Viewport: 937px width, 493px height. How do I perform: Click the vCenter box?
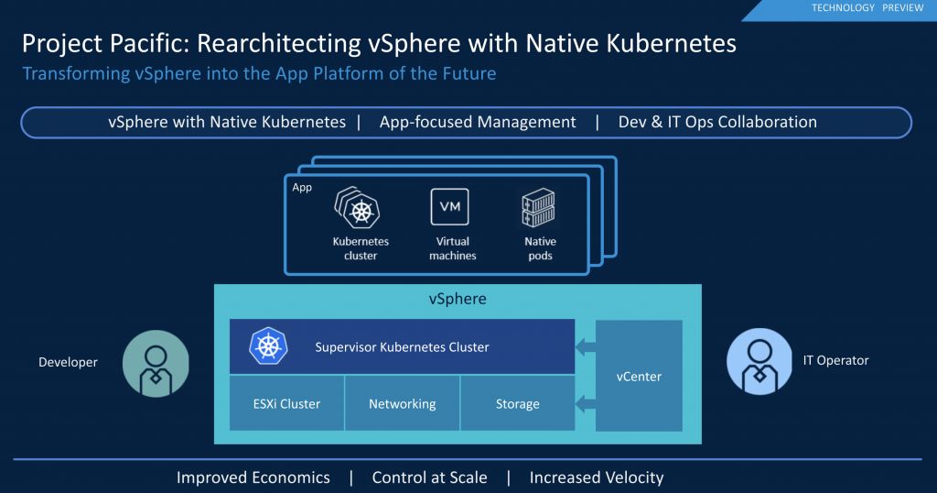click(640, 376)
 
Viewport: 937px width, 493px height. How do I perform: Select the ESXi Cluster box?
click(286, 403)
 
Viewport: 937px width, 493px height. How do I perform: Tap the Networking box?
click(402, 403)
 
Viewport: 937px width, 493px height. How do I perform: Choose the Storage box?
click(517, 403)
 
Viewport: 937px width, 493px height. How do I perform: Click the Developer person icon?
click(155, 363)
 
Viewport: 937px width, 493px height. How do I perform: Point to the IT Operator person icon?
click(759, 361)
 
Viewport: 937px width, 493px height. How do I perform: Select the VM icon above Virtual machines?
click(449, 206)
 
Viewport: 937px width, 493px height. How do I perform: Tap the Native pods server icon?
click(539, 210)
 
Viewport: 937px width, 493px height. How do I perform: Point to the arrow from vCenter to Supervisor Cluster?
click(585, 347)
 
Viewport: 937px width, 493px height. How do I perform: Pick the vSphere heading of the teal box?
click(458, 300)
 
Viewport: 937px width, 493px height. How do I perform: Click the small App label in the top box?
click(302, 188)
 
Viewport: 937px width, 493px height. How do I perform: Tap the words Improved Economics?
click(253, 477)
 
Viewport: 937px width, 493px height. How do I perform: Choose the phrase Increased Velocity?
click(596, 477)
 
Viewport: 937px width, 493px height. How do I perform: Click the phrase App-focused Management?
click(478, 122)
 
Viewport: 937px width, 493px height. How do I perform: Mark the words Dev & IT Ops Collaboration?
click(717, 122)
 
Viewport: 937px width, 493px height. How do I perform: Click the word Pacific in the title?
click(148, 43)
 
